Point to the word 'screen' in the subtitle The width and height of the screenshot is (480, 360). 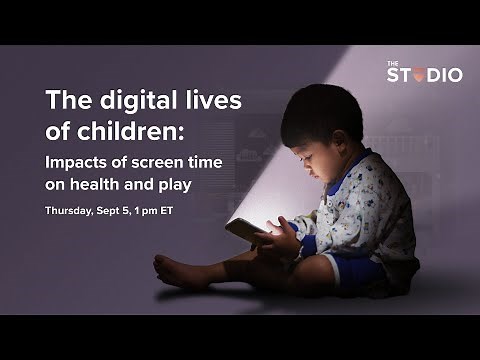click(153, 161)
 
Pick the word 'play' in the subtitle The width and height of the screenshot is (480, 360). click(172, 184)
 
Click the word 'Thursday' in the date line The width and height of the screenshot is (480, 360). click(69, 210)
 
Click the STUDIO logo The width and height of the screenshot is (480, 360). click(424, 75)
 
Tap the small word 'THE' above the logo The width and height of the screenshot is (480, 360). click(393, 63)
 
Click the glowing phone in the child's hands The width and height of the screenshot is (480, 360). click(244, 230)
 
